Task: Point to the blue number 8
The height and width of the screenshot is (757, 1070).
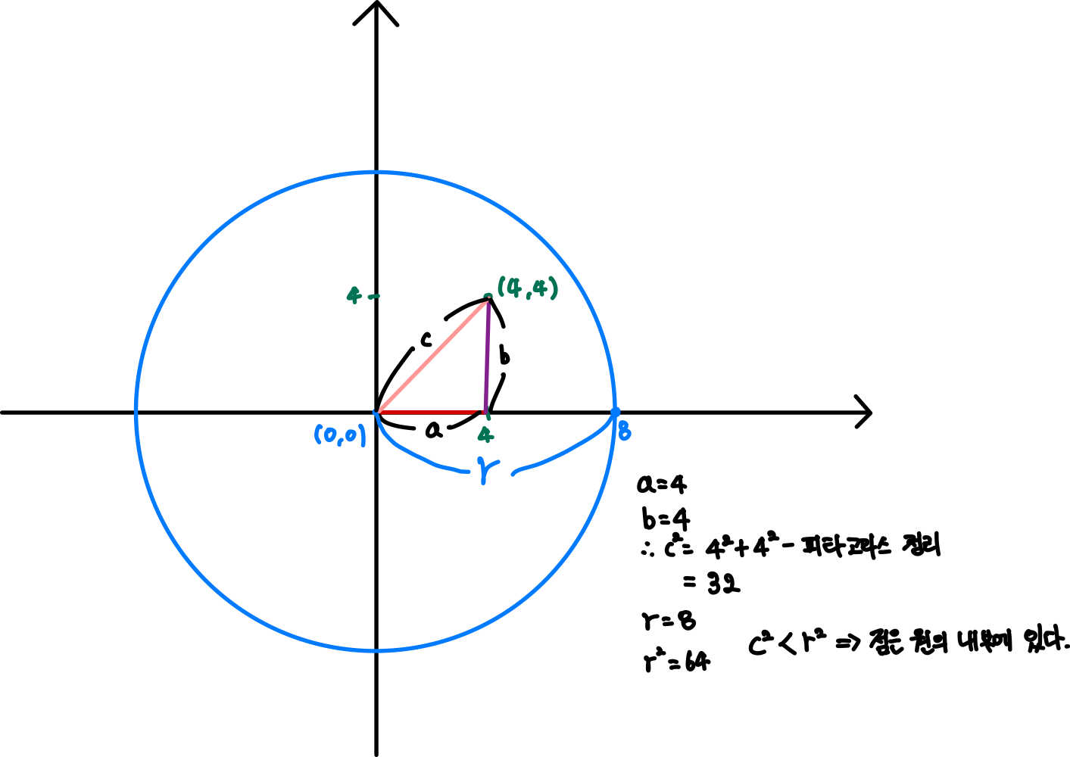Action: [x=624, y=432]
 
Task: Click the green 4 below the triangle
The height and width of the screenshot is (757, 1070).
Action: [x=485, y=435]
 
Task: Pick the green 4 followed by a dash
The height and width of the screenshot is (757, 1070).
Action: [x=354, y=294]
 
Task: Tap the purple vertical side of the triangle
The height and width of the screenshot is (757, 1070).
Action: [x=487, y=356]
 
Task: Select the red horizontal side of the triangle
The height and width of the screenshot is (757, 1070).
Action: [x=428, y=412]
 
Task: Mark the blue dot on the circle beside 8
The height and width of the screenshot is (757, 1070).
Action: [x=615, y=412]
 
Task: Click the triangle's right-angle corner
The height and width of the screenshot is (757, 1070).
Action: [x=485, y=412]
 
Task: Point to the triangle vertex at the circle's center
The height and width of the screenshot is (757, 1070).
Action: [x=377, y=412]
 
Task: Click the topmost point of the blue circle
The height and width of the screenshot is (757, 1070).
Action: [x=376, y=173]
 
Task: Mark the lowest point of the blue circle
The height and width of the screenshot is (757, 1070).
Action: [x=376, y=650]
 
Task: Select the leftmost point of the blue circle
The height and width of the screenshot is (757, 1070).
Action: [x=136, y=412]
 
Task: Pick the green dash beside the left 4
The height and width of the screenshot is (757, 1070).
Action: [x=373, y=297]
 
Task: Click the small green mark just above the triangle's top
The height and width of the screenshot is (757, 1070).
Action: [x=488, y=295]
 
